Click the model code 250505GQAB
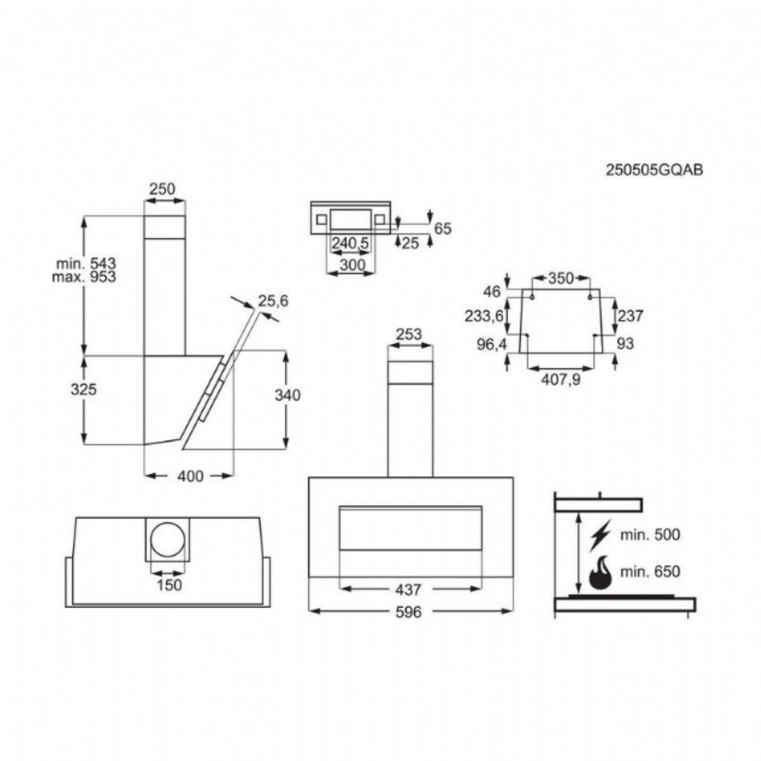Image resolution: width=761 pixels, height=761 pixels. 654,170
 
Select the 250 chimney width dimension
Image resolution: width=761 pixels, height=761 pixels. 162,189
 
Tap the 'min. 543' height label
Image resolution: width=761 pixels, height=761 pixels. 86,263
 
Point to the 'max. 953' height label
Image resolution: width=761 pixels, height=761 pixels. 84,277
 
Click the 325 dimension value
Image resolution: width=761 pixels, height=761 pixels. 84,389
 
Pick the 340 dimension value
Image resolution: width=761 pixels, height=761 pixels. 287,395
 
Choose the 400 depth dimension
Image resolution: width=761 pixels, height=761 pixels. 190,476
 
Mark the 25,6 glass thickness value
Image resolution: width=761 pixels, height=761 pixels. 273,301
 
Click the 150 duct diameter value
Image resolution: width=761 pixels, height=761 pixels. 169,585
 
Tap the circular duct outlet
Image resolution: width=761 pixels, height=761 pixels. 168,540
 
